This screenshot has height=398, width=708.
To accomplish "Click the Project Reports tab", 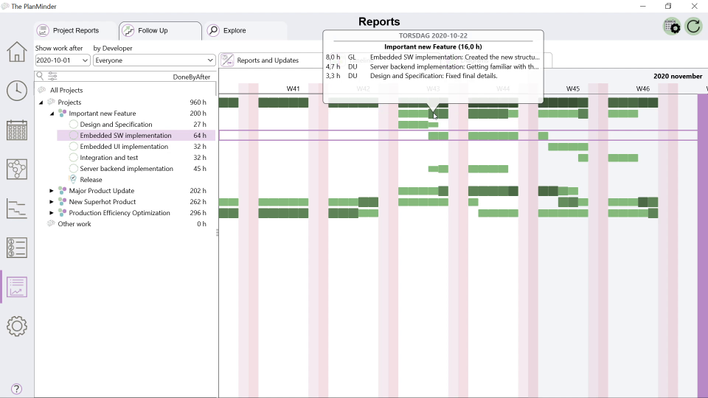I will (x=75, y=31).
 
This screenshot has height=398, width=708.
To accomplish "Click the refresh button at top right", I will (x=693, y=27).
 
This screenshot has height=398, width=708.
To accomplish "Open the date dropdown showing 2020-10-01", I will (x=63, y=60).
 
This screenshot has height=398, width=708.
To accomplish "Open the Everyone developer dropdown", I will (x=154, y=60).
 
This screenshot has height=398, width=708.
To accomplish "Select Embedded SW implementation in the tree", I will (x=125, y=136).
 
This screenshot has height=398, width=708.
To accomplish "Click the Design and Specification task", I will (x=116, y=125).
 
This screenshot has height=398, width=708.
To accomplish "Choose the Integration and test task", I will (x=109, y=158).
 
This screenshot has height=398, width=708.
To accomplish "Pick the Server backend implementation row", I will (x=126, y=169).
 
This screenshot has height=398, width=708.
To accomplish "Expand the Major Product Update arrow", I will (x=52, y=191).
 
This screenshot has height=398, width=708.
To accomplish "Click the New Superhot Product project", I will (x=103, y=202).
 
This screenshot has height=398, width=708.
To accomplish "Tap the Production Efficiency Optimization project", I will (x=119, y=213).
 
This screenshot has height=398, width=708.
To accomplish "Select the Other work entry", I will (x=74, y=224).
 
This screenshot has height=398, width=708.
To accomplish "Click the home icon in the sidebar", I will (x=17, y=52).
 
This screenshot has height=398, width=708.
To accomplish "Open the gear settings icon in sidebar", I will (x=17, y=326).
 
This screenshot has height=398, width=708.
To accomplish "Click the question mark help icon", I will (x=16, y=389).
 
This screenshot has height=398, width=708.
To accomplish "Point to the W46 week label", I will (x=643, y=88).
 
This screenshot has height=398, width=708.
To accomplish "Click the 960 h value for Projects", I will (x=198, y=102).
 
